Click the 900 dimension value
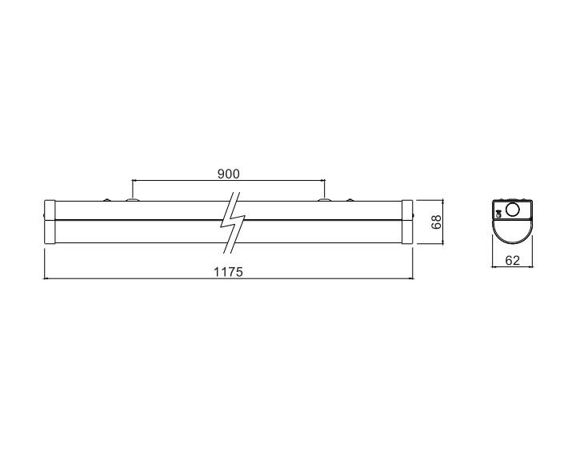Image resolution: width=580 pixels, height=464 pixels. [x=228, y=174]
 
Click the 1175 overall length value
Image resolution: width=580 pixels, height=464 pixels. [x=228, y=272]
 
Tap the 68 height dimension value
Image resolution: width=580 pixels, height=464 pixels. [x=437, y=222]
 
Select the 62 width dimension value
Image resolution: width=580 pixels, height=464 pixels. [x=512, y=261]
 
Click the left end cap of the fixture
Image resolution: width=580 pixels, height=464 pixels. [x=50, y=222]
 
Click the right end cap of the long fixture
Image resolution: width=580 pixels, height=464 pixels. [x=407, y=222]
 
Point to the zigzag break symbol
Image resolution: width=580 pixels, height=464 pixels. [x=232, y=222]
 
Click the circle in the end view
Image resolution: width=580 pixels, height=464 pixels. [x=513, y=210]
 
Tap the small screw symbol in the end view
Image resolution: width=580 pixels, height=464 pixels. [x=498, y=214]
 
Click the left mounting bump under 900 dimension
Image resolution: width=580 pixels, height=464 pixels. [x=133, y=200]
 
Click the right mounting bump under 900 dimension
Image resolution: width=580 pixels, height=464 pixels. [x=325, y=200]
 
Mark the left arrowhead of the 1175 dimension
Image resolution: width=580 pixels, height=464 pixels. [x=46, y=278]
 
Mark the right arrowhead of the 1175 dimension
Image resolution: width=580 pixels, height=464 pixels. [x=411, y=278]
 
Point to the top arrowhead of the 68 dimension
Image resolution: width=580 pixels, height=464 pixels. [x=443, y=202]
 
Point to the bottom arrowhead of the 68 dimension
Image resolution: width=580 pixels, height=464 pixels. [x=443, y=242]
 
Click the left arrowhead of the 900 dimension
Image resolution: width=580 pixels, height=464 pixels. [x=134, y=181]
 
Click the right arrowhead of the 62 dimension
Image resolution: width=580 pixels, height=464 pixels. [x=530, y=266]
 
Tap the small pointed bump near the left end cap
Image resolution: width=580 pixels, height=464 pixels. [x=106, y=200]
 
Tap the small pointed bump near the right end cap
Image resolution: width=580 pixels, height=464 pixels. [x=350, y=200]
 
